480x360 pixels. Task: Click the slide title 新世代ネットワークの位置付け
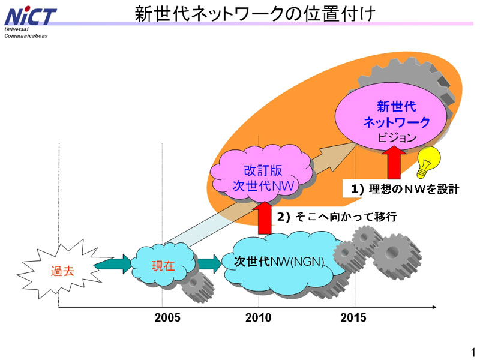click(x=255, y=14)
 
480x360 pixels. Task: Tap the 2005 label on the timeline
click(x=167, y=317)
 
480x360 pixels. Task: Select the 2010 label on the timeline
click(x=258, y=317)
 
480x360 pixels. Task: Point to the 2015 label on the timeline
click(x=353, y=317)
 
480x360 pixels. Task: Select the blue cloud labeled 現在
click(x=163, y=265)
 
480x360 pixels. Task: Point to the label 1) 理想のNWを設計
click(x=405, y=189)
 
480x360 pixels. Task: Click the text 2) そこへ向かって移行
click(x=337, y=217)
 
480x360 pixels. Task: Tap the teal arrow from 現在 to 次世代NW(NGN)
click(x=209, y=264)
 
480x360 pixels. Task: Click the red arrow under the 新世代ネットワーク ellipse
click(x=394, y=162)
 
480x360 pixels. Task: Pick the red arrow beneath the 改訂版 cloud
click(x=265, y=218)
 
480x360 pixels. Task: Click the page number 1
click(x=473, y=352)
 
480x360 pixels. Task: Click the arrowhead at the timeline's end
click(x=434, y=307)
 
